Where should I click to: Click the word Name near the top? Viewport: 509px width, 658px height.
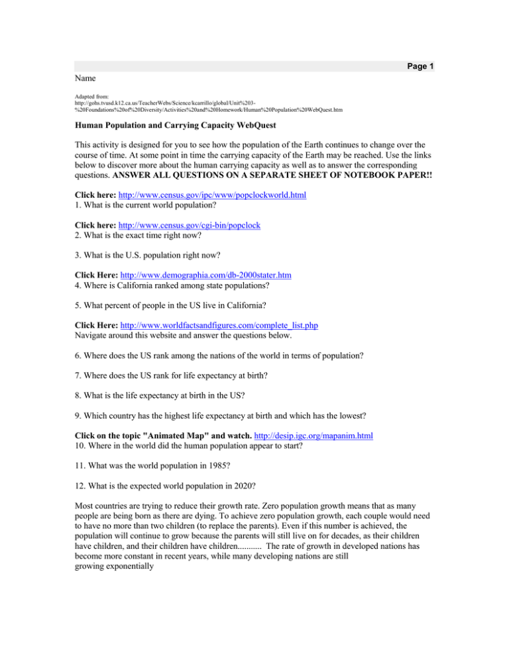click(x=87, y=78)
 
